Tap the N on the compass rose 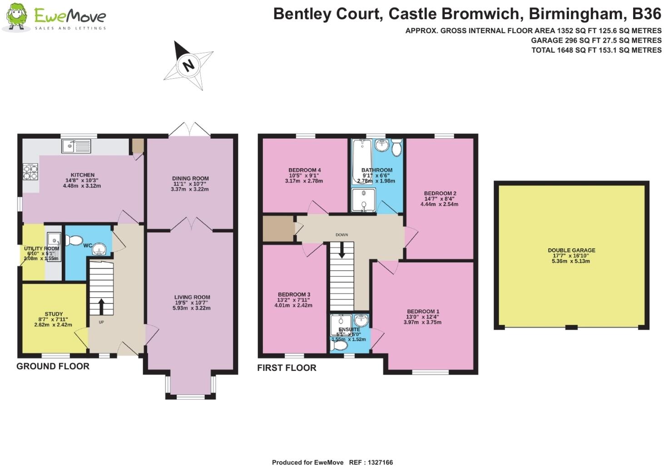pyautogui.click(x=188, y=65)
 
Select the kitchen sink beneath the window pyautogui.click(x=76, y=146)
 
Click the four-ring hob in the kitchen pyautogui.click(x=30, y=171)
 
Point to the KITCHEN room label pyautogui.click(x=83, y=175)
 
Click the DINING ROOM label pyautogui.click(x=190, y=179)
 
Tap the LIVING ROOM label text pyautogui.click(x=192, y=297)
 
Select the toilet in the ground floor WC pyautogui.click(x=74, y=240)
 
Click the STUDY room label pyautogui.click(x=54, y=314)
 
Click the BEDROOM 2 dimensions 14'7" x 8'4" pyautogui.click(x=439, y=199)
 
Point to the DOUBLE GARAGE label pyautogui.click(x=571, y=251)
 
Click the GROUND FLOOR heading pyautogui.click(x=53, y=366)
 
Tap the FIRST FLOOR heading pyautogui.click(x=287, y=368)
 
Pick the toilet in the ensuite pyautogui.click(x=339, y=346)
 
